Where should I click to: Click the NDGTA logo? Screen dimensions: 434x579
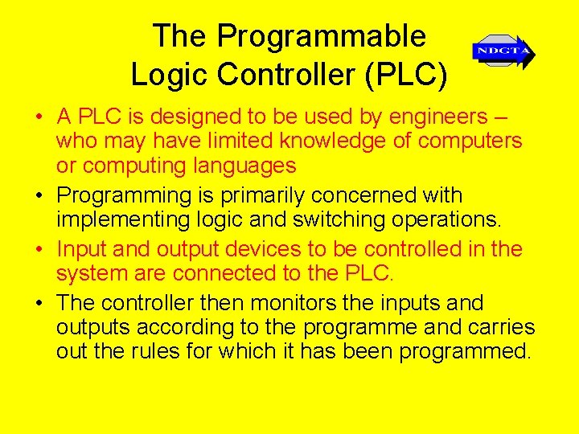coord(503,51)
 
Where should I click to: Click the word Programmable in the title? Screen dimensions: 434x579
coord(321,36)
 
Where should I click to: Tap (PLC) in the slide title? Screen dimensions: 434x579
coord(405,74)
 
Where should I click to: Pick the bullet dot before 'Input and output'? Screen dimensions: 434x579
coord(39,251)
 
